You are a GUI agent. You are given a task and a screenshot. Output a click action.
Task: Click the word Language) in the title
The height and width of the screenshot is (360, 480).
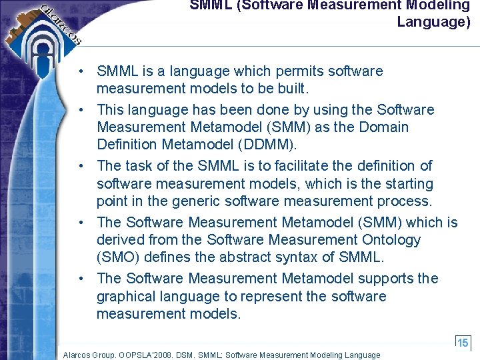(433, 22)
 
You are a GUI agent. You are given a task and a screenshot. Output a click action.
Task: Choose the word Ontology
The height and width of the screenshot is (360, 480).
(394, 240)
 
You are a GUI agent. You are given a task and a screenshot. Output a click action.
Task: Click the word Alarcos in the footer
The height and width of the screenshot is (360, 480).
(77, 355)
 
